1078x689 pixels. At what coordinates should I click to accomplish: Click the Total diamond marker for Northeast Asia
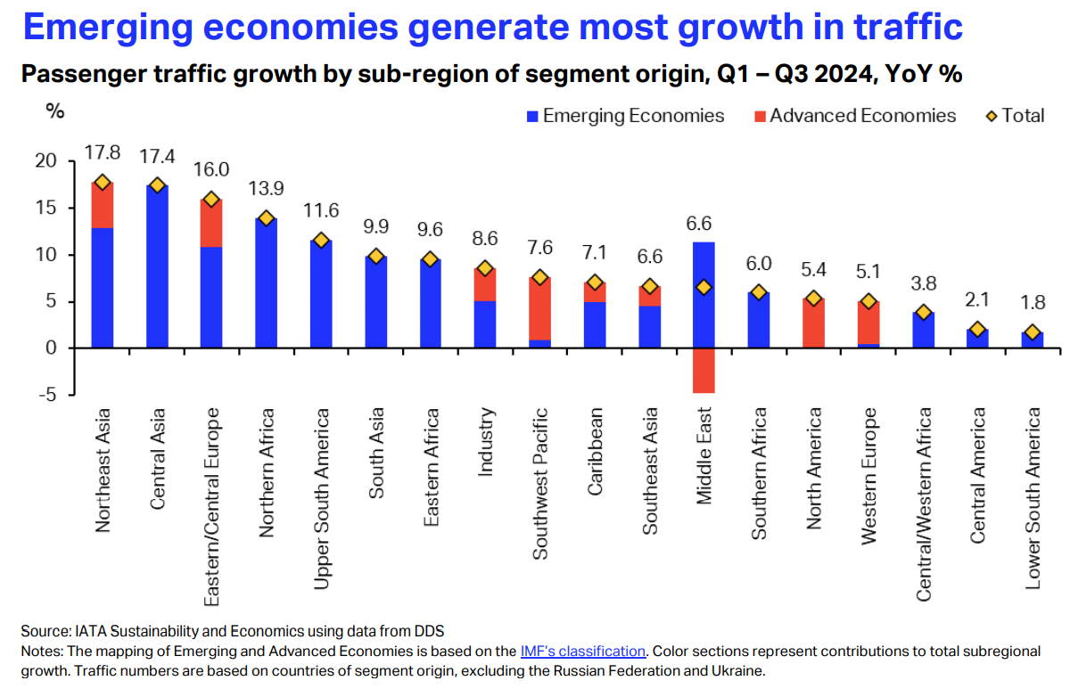click(x=103, y=182)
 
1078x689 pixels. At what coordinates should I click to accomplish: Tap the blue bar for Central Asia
click(x=157, y=267)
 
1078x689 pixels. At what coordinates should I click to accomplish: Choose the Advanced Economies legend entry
click(x=853, y=116)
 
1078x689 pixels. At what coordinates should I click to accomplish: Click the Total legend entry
click(x=1014, y=116)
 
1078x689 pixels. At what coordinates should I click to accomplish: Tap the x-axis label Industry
click(x=485, y=442)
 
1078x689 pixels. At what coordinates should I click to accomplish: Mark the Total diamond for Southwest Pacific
click(x=540, y=277)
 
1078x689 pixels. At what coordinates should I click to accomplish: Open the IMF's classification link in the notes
click(x=581, y=651)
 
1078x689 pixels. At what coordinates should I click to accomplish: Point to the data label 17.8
click(x=102, y=153)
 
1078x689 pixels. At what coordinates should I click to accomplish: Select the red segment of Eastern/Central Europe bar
click(x=211, y=223)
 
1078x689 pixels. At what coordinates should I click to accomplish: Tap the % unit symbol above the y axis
click(x=55, y=112)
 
